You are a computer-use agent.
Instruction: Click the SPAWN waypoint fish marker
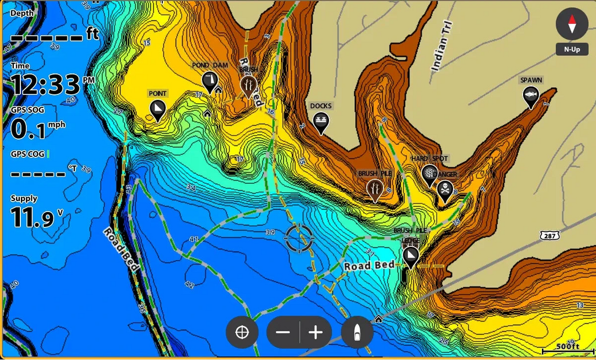tap(531, 96)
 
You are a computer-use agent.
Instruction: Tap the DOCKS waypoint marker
tap(321, 121)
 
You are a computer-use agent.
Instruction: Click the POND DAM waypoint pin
tap(209, 81)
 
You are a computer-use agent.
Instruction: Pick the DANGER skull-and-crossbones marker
tap(445, 190)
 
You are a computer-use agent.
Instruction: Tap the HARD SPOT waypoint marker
tap(429, 174)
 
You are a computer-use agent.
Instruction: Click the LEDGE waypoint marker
tap(410, 256)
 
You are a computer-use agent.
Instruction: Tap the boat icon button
tap(357, 332)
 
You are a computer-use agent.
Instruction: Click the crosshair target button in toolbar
tap(242, 332)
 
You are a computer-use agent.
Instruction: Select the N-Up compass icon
tap(572, 24)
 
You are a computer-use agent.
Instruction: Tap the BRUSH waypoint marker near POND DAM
tap(248, 85)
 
